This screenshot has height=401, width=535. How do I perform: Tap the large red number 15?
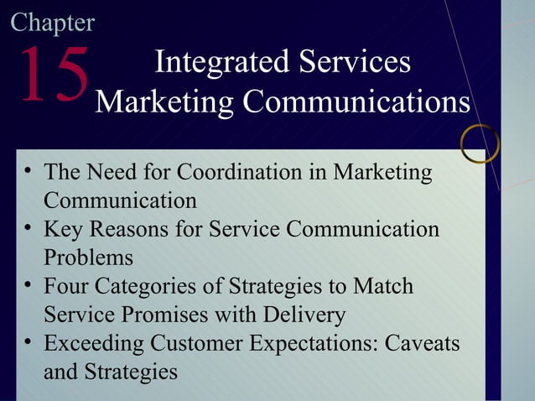point(53,76)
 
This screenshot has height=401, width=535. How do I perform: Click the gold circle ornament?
point(480,143)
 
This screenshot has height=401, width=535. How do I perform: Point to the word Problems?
point(88,257)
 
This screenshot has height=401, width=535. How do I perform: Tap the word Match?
point(383,286)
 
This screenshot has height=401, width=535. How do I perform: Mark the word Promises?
point(158,315)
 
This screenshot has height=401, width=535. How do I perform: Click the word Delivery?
point(304,315)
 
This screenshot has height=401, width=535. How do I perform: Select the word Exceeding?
point(94,343)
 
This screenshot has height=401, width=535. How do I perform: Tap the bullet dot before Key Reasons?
point(29,227)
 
